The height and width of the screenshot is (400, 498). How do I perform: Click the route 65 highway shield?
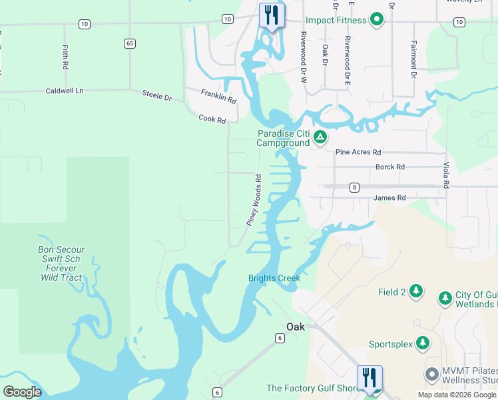tap(129, 43)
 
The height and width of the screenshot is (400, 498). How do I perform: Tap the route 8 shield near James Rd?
tap(354, 187)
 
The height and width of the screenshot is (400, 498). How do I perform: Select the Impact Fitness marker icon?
tap(377, 20)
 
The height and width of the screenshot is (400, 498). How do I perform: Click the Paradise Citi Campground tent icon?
tap(320, 138)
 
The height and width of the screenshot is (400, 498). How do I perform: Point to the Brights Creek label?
tap(274, 278)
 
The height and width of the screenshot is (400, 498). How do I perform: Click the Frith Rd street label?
tap(65, 58)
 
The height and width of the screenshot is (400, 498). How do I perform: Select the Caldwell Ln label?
tap(65, 91)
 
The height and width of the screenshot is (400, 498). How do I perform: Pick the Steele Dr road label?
tap(157, 96)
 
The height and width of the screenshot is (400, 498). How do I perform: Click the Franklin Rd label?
tap(218, 96)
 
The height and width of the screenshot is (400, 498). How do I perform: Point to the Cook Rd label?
tap(212, 119)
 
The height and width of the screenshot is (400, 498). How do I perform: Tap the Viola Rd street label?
tap(445, 175)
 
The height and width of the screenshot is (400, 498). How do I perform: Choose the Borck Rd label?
tap(390, 167)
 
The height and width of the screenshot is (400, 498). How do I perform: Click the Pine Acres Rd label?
tap(358, 152)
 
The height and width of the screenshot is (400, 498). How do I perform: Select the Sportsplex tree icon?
tap(422, 343)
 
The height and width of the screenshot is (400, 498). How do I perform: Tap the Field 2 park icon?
tap(416, 291)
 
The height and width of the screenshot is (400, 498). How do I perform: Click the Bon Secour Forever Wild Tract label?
tap(61, 263)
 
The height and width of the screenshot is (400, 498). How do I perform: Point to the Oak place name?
tap(295, 326)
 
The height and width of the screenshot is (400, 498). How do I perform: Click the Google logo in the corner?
tap(22, 391)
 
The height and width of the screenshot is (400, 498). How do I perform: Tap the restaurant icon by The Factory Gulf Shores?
tap(370, 378)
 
